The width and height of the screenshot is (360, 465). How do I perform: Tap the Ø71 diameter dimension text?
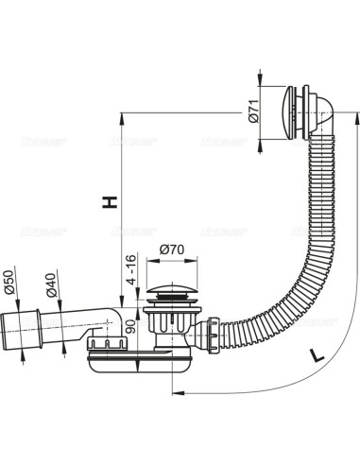[253, 115]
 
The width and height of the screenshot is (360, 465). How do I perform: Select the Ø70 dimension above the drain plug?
[171, 250]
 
